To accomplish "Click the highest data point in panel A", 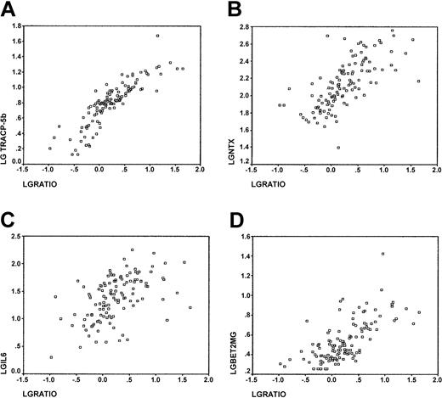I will [x=157, y=36].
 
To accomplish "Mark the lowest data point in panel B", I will [x=338, y=147].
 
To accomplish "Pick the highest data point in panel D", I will [x=383, y=254].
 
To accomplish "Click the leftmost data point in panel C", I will [x=51, y=357].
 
